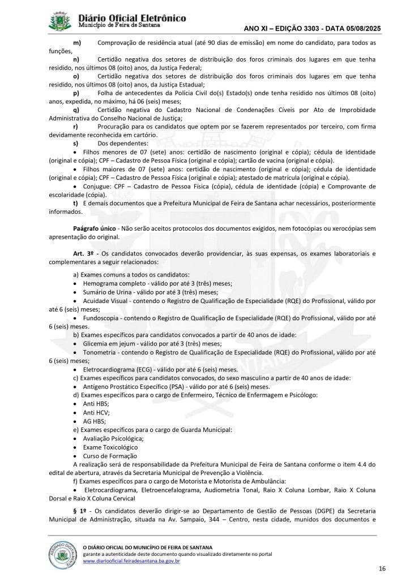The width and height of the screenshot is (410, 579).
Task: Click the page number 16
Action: [x=382, y=568]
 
